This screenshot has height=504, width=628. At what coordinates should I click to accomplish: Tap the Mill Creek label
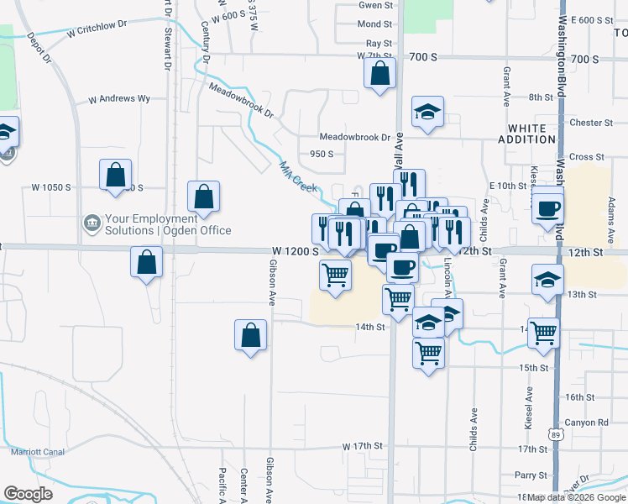(298, 176)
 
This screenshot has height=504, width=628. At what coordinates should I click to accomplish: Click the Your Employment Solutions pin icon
(91, 223)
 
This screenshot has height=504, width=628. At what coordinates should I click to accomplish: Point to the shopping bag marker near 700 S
(380, 73)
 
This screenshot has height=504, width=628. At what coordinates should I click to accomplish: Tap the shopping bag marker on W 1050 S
(116, 176)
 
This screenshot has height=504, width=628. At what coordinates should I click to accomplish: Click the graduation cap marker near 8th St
(427, 112)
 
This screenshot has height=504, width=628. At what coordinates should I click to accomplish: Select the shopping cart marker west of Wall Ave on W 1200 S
(335, 274)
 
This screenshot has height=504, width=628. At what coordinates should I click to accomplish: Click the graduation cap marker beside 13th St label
(547, 280)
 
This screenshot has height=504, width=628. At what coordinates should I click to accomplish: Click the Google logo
(29, 493)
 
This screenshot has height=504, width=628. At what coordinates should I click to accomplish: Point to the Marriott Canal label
(38, 452)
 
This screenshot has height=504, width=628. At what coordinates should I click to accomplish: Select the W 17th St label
(362, 446)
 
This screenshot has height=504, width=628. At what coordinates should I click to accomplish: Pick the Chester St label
(592, 123)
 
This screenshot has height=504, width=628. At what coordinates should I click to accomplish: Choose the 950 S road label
(322, 154)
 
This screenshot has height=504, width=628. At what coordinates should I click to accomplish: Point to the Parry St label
(531, 475)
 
